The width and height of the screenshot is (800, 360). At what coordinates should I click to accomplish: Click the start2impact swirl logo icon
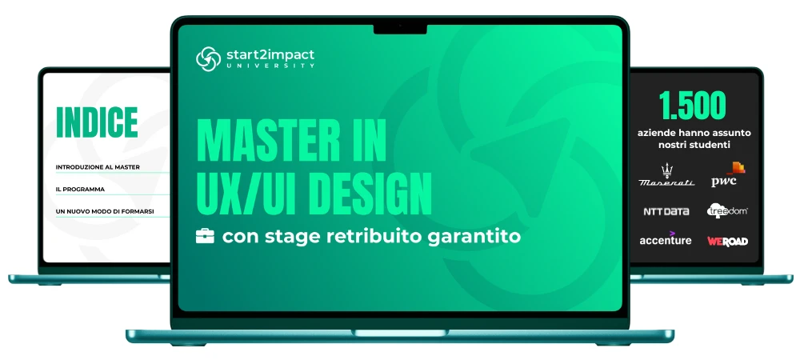pyautogui.click(x=208, y=58)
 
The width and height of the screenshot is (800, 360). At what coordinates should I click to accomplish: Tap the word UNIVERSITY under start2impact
pyautogui.click(x=270, y=66)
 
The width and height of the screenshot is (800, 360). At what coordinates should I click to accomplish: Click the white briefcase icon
pyautogui.click(x=205, y=236)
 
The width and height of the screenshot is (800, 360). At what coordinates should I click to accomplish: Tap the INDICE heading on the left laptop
pyautogui.click(x=97, y=122)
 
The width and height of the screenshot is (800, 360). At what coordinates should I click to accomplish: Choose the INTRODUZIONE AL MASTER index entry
pyautogui.click(x=98, y=166)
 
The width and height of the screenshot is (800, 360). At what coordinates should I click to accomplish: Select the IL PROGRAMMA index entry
pyautogui.click(x=80, y=189)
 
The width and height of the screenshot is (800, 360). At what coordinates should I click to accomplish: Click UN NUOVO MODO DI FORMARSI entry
pyautogui.click(x=105, y=211)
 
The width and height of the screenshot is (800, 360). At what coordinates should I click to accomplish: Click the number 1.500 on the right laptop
pyautogui.click(x=692, y=106)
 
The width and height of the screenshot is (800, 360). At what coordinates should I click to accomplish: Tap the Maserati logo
pyautogui.click(x=666, y=175)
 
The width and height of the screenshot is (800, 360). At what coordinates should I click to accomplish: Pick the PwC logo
pyautogui.click(x=728, y=174)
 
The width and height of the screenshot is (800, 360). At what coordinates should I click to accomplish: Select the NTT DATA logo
pyautogui.click(x=666, y=211)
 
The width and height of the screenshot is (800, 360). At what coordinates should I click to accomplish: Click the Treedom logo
pyautogui.click(x=727, y=210)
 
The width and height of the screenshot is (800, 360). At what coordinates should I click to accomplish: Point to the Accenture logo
pyautogui.click(x=666, y=238)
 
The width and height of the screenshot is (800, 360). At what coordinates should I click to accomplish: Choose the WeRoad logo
pyautogui.click(x=727, y=241)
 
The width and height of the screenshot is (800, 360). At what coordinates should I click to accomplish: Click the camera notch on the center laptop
pyautogui.click(x=400, y=29)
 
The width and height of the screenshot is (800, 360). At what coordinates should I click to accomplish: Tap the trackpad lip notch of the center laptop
pyautogui.click(x=400, y=333)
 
